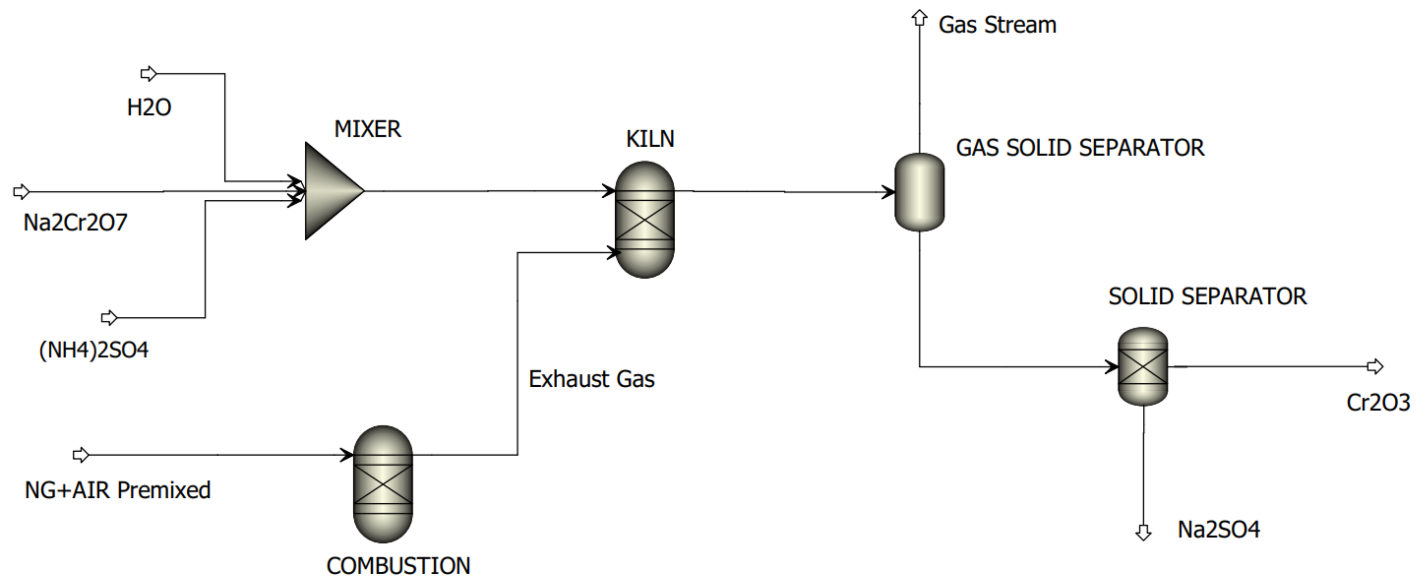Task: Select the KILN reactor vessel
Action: tap(644, 219)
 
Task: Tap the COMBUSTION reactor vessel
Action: tap(383, 484)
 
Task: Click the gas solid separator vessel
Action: tap(919, 192)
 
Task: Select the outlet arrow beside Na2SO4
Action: tap(1144, 533)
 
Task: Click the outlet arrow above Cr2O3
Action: tap(1376, 366)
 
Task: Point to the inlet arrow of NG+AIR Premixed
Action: tap(81, 455)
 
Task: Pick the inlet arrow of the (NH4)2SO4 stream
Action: tap(109, 318)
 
